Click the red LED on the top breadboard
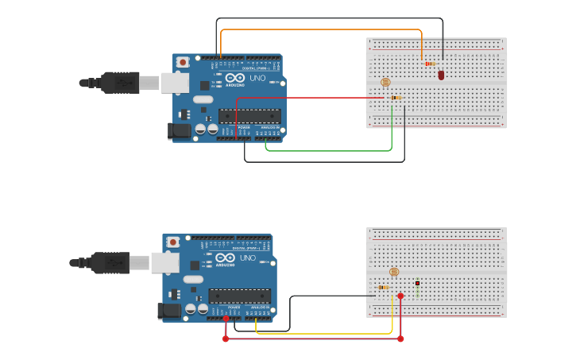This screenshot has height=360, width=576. pos(441,75)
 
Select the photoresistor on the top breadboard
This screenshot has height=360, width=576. pos(386,82)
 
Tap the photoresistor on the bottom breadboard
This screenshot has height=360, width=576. pos(393,272)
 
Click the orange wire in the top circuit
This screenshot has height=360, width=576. pos(318,30)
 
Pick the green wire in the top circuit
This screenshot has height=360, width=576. pos(334,149)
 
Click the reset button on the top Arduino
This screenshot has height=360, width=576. pos(183,62)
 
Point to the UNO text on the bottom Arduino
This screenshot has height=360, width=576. pos(248,258)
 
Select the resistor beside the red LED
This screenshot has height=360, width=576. pos(430,64)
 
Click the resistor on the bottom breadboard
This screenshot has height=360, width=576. pos(384,287)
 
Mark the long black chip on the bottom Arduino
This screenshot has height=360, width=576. pos(239,296)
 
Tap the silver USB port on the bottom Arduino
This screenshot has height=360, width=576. pos(164,262)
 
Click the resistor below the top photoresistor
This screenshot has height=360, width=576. pos(395,98)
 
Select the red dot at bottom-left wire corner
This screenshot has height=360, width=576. pos(226,339)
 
